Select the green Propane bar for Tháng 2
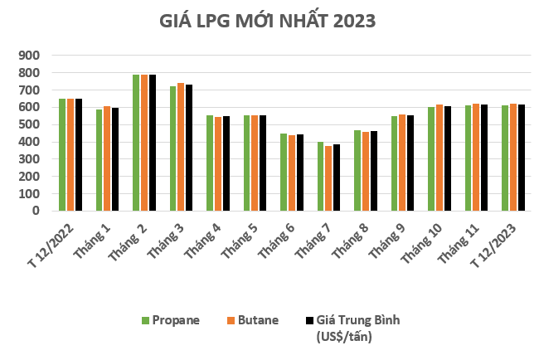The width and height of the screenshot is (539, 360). click(136, 143)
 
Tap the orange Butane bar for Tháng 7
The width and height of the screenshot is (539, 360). click(329, 178)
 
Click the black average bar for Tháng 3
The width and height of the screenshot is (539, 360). click(189, 148)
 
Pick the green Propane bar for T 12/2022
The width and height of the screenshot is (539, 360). click(62, 154)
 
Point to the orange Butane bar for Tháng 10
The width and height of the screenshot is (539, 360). click(439, 158)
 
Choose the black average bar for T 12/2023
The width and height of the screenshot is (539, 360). click(522, 158)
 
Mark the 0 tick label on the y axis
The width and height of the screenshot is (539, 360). click(39, 211)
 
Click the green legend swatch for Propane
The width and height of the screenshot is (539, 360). click(145, 320)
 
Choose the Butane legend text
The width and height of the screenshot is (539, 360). click(261, 320)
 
